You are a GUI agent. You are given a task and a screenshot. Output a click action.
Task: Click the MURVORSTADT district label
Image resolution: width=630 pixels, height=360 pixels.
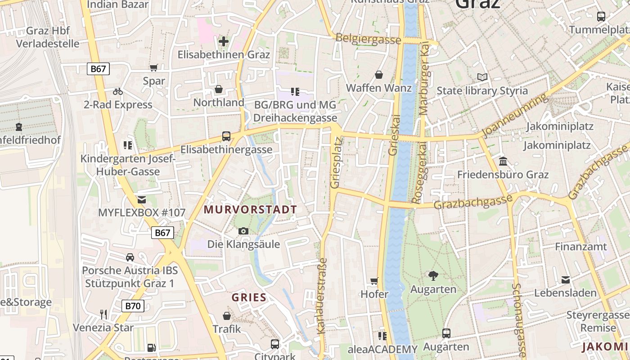point(250,209)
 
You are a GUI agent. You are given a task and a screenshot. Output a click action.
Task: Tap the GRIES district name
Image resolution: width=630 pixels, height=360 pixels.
point(249,297)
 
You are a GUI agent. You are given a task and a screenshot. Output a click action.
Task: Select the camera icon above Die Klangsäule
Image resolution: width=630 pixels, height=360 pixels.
point(243,231)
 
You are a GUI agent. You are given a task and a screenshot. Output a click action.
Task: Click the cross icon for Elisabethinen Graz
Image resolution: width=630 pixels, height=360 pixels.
point(223,42)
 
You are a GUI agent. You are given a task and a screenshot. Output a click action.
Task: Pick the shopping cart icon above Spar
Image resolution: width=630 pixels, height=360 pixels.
point(154,68)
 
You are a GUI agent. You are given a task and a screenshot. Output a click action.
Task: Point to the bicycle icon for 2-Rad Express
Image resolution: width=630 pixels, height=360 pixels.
point(118,92)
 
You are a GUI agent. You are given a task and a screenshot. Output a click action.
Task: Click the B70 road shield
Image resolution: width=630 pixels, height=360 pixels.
point(133,306)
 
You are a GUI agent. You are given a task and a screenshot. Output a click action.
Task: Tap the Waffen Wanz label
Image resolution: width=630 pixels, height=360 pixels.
point(378,88)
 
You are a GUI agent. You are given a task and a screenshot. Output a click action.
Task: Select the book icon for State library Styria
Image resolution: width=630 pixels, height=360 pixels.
point(482,77)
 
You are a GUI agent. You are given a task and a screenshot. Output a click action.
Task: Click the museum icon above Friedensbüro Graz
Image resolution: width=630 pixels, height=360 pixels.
point(503,161)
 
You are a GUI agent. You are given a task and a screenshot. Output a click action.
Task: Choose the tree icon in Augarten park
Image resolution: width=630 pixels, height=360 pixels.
point(433,275)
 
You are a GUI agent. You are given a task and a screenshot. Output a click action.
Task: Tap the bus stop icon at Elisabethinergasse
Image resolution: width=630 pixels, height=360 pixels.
point(226,136)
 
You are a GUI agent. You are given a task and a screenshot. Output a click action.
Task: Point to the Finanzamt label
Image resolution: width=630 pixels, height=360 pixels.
point(580,247)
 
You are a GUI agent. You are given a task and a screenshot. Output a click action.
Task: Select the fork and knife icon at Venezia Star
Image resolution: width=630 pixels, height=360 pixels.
point(103,314)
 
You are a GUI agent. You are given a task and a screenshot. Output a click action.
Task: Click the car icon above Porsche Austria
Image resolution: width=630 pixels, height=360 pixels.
point(130,257)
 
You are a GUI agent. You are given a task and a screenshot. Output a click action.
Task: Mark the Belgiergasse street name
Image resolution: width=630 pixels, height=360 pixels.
point(368,39)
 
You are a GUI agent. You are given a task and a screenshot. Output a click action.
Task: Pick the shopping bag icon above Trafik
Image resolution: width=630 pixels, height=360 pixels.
point(227,316)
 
